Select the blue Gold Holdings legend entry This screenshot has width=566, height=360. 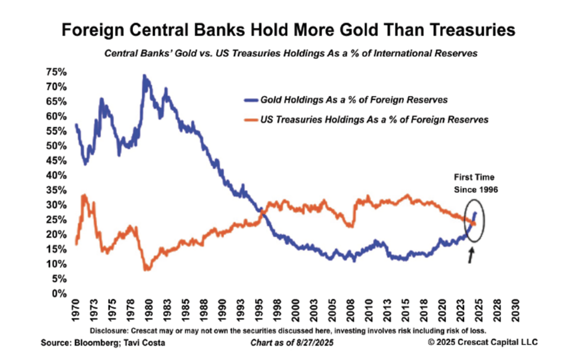[346, 100]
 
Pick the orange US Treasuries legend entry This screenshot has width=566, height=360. [366, 120]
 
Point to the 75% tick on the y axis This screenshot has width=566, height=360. [56, 72]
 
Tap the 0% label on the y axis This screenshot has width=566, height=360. [60, 293]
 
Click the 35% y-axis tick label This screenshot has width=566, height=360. [56, 190]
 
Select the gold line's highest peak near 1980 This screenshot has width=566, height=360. [144, 76]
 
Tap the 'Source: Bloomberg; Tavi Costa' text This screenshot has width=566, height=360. [94, 343]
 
